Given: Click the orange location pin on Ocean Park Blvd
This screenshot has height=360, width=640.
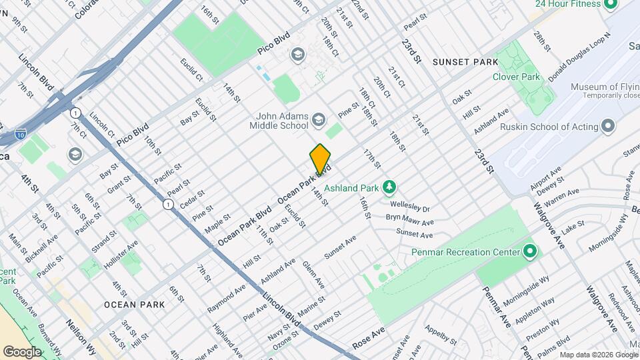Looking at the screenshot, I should pos(320,159).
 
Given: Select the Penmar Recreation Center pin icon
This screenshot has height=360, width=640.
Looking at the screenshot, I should pos(530,253).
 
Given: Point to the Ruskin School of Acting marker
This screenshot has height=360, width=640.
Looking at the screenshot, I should pos(607,126).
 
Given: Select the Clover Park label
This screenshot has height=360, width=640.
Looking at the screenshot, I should pos(534,77).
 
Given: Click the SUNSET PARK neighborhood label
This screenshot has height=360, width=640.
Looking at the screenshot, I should pos(465,62).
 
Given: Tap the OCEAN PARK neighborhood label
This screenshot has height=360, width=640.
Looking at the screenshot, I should pos(134,305).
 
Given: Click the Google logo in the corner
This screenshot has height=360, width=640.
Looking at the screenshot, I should pos(22,351).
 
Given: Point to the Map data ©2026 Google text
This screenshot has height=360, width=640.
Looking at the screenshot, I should pos(597,354).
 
